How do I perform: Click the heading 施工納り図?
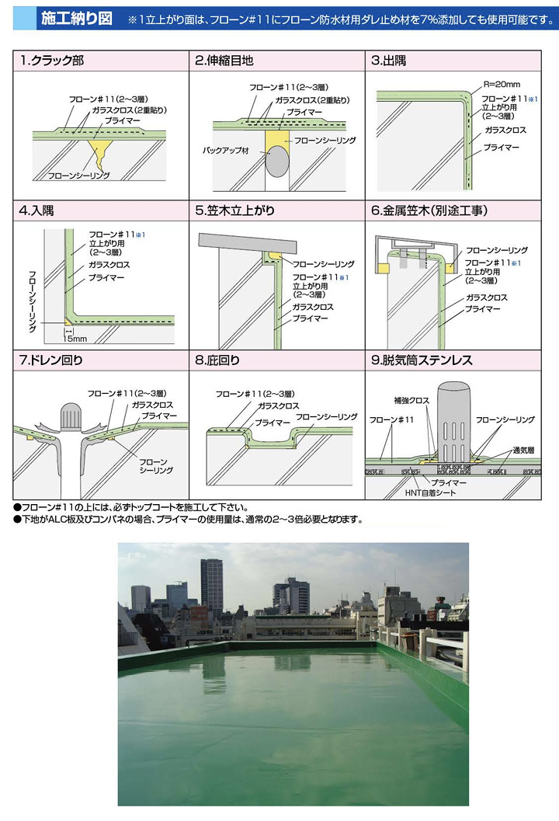[x=76, y=19]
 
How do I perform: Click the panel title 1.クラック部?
[x=51, y=61]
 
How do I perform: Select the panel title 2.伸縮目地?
[x=224, y=61]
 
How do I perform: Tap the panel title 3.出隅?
[x=388, y=61]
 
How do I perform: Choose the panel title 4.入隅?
[x=36, y=210]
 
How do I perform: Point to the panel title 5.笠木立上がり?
[x=234, y=210]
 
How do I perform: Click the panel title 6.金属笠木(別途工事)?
[x=429, y=210]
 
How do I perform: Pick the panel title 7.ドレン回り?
[x=50, y=360]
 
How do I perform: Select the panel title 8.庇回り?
[x=217, y=360]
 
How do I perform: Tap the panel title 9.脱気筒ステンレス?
[x=422, y=360]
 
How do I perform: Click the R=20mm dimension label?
[x=502, y=85]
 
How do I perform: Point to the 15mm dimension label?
[x=75, y=339]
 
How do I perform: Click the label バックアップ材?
[x=226, y=150]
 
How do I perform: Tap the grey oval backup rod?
[x=277, y=162]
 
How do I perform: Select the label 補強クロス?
[x=411, y=401]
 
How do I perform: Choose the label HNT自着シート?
[x=430, y=492]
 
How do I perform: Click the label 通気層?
[x=523, y=451]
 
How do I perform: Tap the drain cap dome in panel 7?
[x=71, y=416]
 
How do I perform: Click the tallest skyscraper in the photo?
[x=211, y=587]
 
